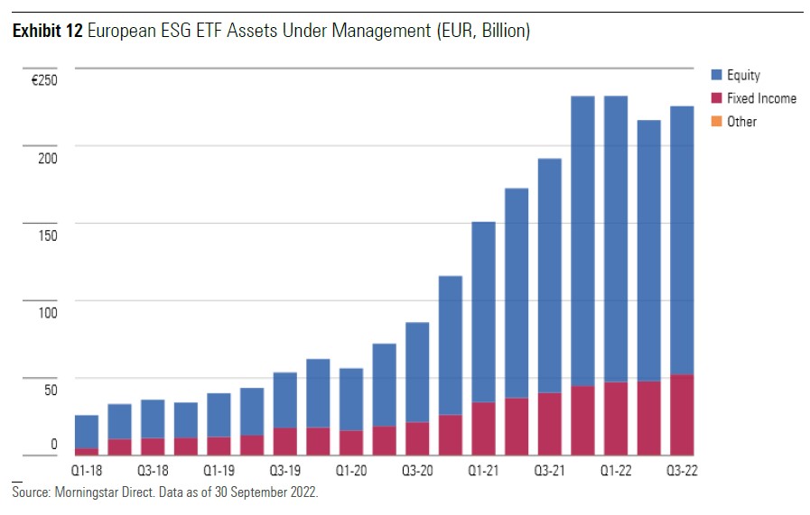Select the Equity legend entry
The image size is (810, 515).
pyautogui.click(x=743, y=76)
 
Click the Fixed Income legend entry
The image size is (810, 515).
pyautogui.click(x=761, y=98)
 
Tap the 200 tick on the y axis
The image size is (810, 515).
pyautogui.click(x=48, y=159)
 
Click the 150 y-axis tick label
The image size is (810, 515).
pyautogui.click(x=48, y=236)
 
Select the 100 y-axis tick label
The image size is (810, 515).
pyautogui.click(x=48, y=313)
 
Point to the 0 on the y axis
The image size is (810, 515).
pyautogui.click(x=53, y=444)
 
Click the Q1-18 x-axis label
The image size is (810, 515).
pyautogui.click(x=87, y=471)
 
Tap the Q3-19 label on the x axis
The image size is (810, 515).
pyautogui.click(x=285, y=471)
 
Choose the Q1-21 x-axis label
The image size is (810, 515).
pyautogui.click(x=483, y=471)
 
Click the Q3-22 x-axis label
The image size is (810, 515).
pyautogui.click(x=682, y=471)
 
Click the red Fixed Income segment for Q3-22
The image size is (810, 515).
pyautogui.click(x=682, y=415)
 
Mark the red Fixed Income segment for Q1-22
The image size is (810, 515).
pyautogui.click(x=616, y=418)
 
